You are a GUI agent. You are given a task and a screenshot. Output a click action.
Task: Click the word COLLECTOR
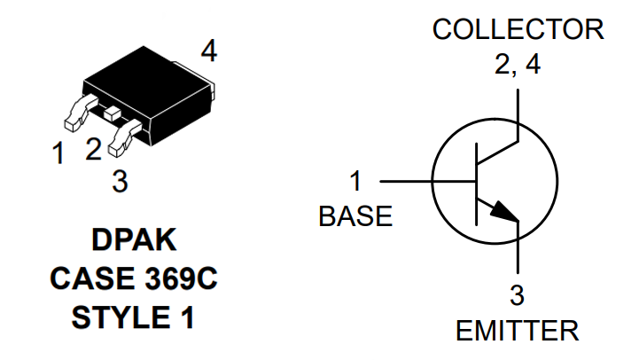click(518, 29)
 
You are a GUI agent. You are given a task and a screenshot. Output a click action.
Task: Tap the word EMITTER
click(518, 331)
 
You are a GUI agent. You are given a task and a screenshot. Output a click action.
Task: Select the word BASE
click(355, 216)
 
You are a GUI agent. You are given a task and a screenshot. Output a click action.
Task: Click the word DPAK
click(134, 239)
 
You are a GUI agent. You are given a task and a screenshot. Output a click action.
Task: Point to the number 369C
click(181, 279)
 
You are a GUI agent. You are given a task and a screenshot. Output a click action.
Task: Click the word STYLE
click(121, 317)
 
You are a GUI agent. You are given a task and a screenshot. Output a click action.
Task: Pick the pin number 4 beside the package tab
click(209, 51)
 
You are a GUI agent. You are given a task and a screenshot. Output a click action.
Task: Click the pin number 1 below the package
click(58, 153)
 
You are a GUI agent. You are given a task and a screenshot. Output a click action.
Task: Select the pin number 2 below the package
click(94, 149)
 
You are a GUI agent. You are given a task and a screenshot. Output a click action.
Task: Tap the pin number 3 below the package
click(121, 182)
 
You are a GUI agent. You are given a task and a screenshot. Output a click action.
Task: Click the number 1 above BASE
click(355, 181)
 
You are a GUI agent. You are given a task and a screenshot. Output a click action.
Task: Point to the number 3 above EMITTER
click(518, 295)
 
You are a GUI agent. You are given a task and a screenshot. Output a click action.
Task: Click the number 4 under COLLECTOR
click(533, 64)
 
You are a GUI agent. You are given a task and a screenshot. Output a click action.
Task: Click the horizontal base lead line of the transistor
click(428, 181)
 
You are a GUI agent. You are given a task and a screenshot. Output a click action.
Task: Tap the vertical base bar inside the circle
click(477, 184)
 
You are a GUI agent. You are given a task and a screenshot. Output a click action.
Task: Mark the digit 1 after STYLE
click(187, 317)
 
